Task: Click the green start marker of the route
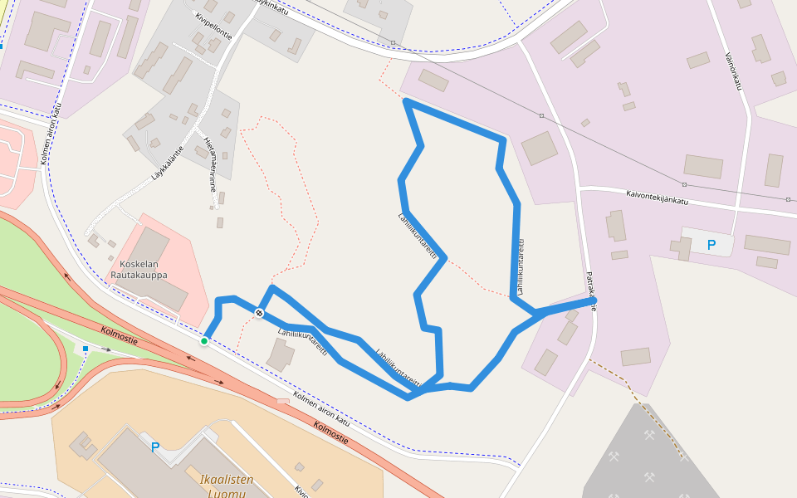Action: [x=204, y=341]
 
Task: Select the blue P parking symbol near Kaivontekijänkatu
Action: [x=711, y=245]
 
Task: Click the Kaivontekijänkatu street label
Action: [x=658, y=197]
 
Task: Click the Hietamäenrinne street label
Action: [x=211, y=164]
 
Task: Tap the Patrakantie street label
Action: [x=591, y=290]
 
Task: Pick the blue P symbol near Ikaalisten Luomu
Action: [x=154, y=447]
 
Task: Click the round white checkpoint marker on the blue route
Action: [x=260, y=313]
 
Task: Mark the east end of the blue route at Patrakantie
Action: [x=594, y=301]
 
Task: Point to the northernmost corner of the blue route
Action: [x=406, y=101]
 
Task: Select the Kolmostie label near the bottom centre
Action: [x=330, y=432]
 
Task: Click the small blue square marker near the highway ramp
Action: [x=86, y=349]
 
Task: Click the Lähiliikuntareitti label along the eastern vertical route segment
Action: [x=521, y=267]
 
